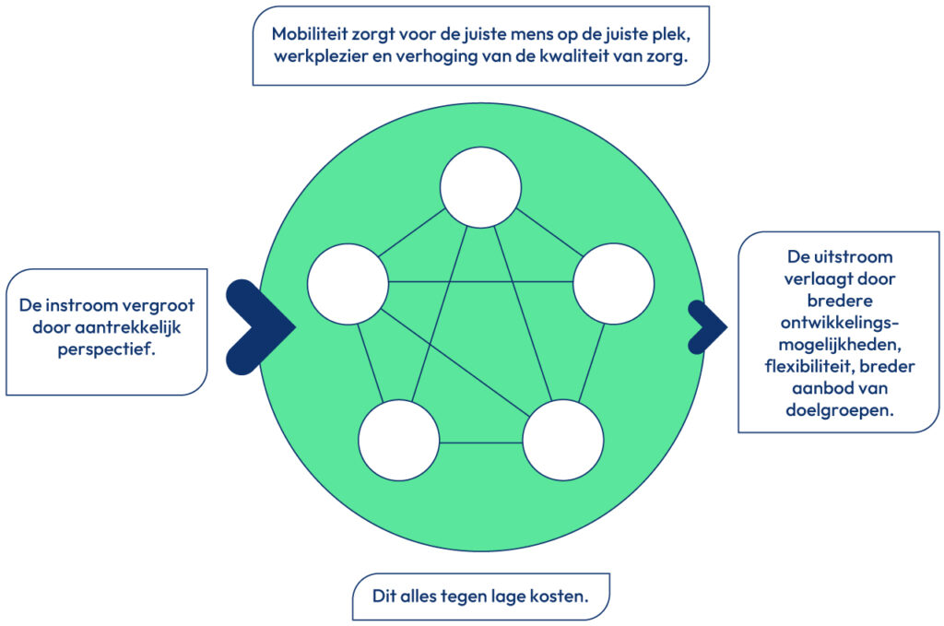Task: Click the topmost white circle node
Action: pos(479,187)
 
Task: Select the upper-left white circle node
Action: pos(348,284)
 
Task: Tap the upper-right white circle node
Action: pos(613,284)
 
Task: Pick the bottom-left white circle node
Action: pos(398,441)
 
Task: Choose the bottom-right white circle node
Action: pos(563,441)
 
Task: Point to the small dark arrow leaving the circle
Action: pos(707,326)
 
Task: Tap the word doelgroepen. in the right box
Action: pos(839,411)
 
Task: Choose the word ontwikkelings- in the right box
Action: pos(839,323)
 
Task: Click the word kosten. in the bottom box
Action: pos(559,596)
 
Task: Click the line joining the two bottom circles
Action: pos(480,444)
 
